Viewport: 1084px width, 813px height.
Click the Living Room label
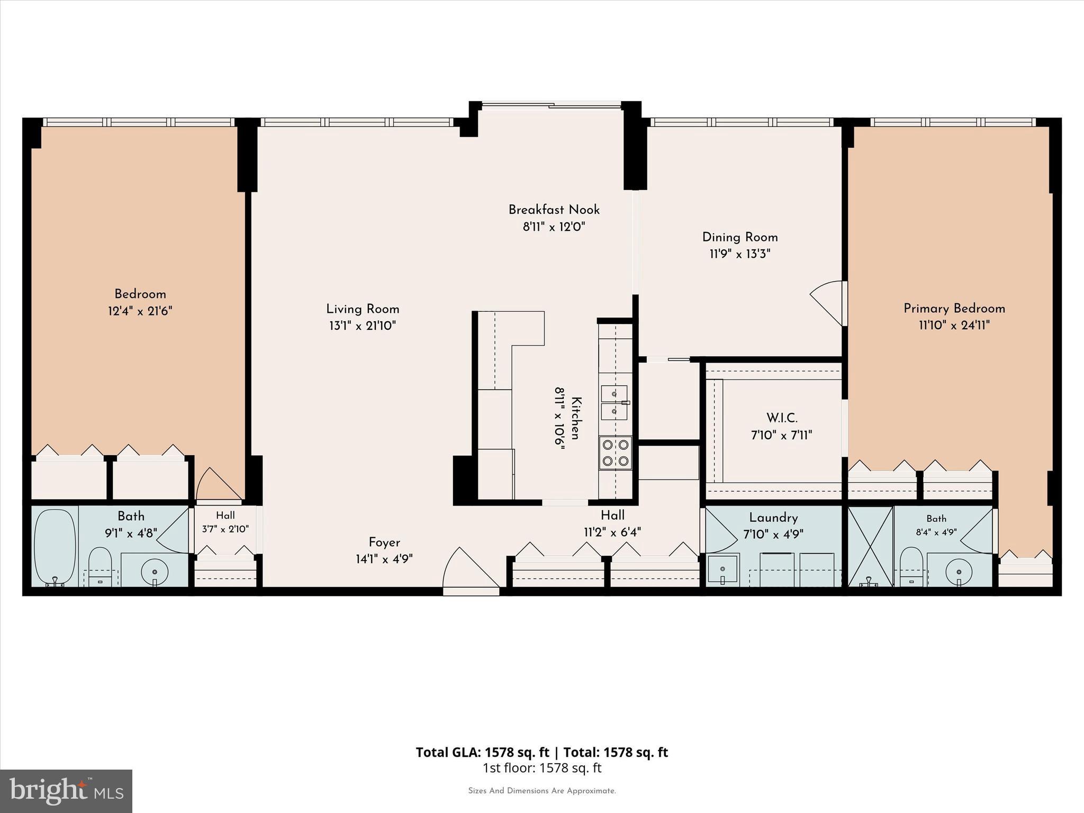(363, 309)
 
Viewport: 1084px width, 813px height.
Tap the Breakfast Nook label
(554, 210)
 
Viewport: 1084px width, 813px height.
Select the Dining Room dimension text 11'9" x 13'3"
(739, 254)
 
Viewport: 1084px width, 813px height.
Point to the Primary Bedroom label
(954, 308)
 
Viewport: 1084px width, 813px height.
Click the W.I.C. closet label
(782, 418)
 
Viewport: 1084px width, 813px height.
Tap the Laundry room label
(773, 518)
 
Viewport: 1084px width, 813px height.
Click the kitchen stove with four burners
(616, 453)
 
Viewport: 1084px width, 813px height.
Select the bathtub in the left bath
(55, 547)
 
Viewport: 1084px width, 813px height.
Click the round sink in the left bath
(155, 572)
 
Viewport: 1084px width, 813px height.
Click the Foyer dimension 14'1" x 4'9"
(384, 559)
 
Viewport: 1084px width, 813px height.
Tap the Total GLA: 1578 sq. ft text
(482, 752)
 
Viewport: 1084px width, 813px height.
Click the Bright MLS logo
(66, 791)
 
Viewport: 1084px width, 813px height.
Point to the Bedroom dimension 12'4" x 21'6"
(140, 311)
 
